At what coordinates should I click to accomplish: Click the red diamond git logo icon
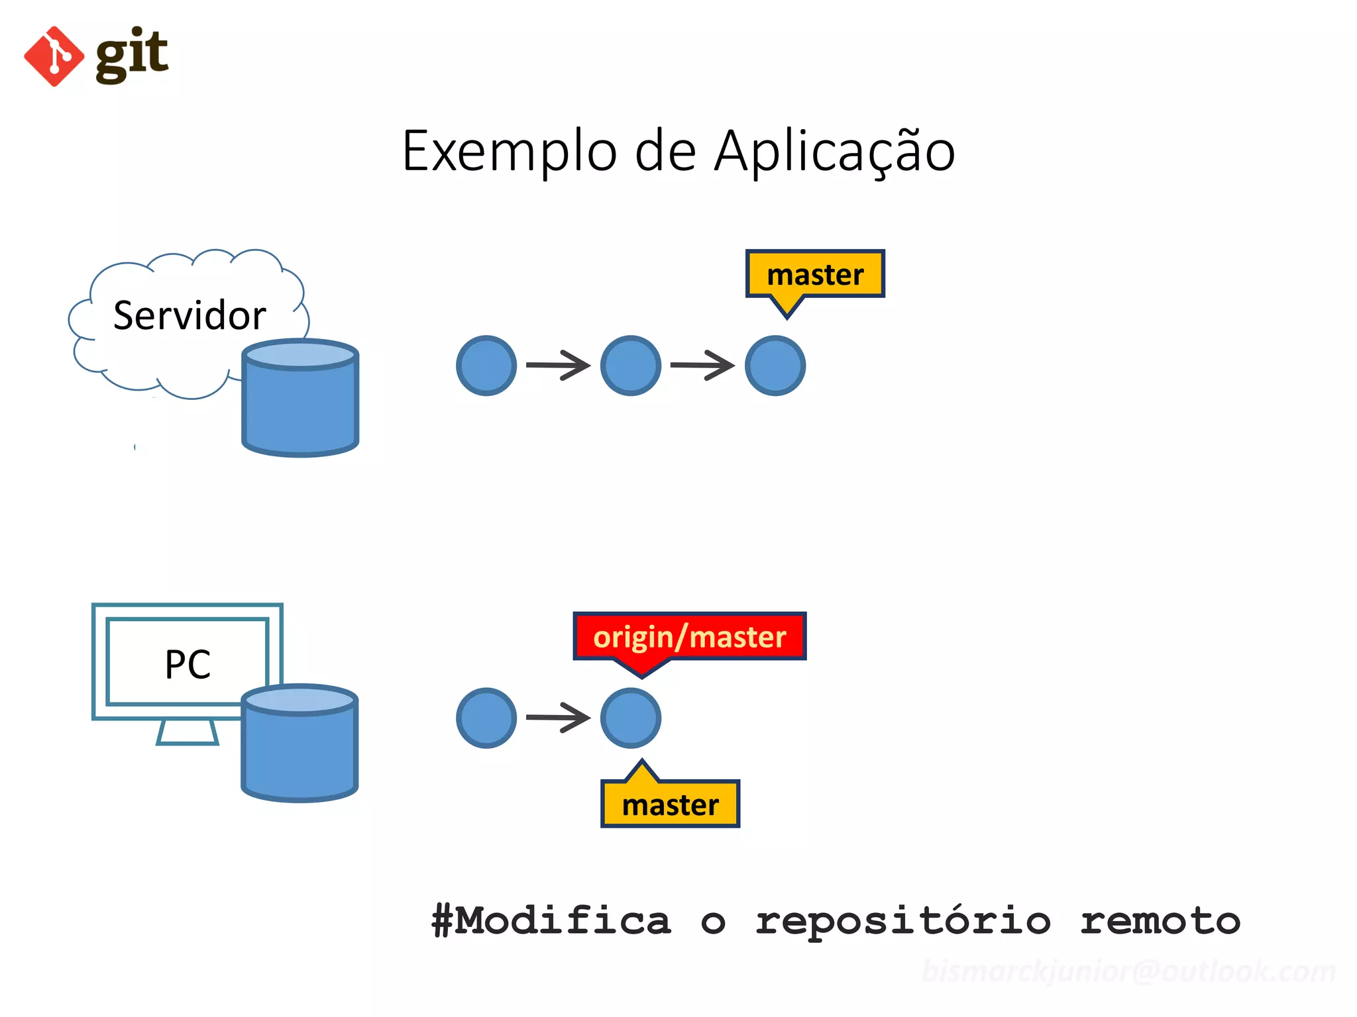click(54, 56)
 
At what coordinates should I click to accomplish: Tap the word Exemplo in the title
click(509, 152)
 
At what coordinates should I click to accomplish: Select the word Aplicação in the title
click(834, 152)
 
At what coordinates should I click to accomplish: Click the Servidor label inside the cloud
click(190, 315)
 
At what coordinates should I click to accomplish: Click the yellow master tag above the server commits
click(815, 274)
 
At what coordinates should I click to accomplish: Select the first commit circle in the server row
click(486, 365)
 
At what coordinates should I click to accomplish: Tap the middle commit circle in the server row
click(630, 365)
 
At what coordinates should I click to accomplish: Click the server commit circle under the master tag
click(775, 365)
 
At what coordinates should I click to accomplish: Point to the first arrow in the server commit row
click(558, 365)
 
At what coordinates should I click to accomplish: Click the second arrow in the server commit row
click(702, 365)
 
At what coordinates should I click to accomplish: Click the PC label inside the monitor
click(188, 664)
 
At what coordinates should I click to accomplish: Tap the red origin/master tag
click(689, 636)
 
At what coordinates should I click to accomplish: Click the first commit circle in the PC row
click(486, 718)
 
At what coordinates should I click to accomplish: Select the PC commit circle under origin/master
click(630, 718)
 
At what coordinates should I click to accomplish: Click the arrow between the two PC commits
click(558, 717)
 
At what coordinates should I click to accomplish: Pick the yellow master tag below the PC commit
click(670, 804)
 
